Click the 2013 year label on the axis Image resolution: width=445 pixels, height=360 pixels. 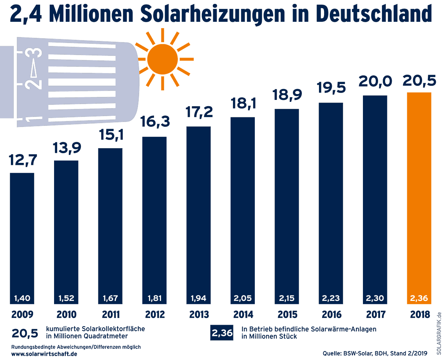[x=198, y=314]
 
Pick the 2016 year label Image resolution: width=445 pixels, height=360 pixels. [x=331, y=314]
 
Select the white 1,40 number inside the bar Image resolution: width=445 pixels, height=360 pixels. [x=22, y=299]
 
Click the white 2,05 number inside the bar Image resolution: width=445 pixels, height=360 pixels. [x=243, y=299]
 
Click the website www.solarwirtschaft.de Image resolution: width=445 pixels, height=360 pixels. [x=44, y=354]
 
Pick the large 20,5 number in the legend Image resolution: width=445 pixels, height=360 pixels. [x=25, y=334]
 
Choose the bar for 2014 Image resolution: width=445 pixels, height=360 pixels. [x=243, y=206]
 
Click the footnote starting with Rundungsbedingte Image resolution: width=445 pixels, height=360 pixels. [x=76, y=347]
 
